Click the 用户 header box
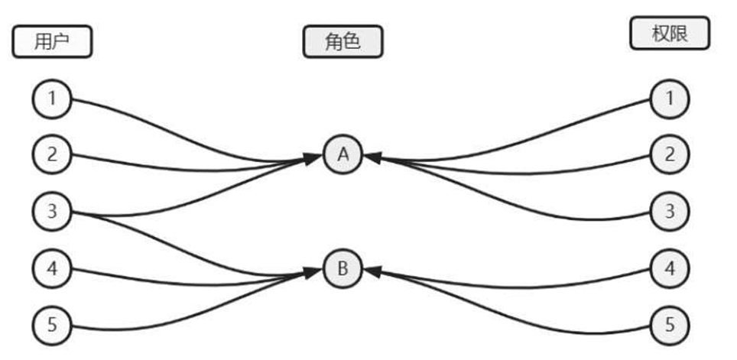tap(52, 42)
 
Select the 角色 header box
tap(343, 42)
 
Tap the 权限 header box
tap(670, 34)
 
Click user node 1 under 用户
tap(52, 99)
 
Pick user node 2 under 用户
tap(52, 154)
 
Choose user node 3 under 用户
tap(52, 211)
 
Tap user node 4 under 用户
tap(52, 268)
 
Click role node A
tap(343, 154)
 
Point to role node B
tap(343, 268)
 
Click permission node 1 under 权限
tap(670, 99)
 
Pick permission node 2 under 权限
tap(670, 154)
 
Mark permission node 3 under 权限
tap(670, 211)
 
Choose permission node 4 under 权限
tap(670, 268)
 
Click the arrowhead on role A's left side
tap(313, 158)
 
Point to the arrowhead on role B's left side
tap(313, 271)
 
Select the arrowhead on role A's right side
tap(372, 158)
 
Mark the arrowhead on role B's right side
tap(372, 271)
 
